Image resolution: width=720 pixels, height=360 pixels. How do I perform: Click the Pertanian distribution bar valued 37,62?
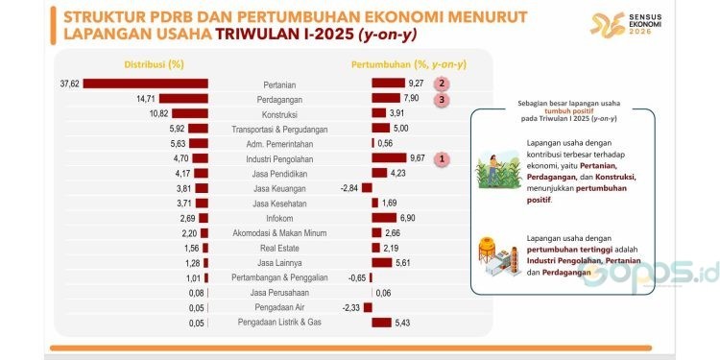click(146, 84)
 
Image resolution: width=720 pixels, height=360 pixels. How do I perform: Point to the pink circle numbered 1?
click(441, 157)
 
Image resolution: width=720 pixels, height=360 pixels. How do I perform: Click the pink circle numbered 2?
click(441, 84)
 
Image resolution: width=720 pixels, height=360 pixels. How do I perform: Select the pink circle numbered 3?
click(441, 98)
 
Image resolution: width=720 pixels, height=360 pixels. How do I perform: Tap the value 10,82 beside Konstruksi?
click(156, 113)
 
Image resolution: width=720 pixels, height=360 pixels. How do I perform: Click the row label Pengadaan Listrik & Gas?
click(278, 322)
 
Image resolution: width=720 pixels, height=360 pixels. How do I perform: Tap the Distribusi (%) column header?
click(154, 63)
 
